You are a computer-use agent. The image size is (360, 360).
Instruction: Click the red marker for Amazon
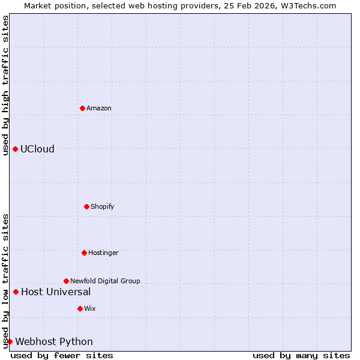tap(82, 108)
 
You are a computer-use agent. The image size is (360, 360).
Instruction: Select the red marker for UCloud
tap(15, 149)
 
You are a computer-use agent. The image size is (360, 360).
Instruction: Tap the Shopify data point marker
tap(86, 206)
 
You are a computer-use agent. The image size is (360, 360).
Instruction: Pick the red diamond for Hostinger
tap(84, 253)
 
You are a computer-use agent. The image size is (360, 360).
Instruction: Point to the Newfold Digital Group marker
tap(66, 281)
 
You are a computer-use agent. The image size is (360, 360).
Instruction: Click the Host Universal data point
tap(16, 292)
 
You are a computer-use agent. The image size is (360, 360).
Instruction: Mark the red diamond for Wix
tap(80, 308)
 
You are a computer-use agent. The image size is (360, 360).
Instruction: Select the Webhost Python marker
tap(10, 341)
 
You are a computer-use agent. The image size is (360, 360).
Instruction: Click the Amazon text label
tap(99, 109)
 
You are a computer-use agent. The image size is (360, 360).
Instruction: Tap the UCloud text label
tap(37, 149)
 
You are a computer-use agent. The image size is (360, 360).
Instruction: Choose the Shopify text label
tap(103, 207)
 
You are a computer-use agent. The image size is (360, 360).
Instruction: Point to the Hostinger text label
tap(103, 253)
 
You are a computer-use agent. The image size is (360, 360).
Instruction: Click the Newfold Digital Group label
tap(105, 281)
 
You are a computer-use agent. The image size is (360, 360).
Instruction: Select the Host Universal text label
tap(56, 292)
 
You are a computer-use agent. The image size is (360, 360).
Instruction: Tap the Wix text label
tap(90, 309)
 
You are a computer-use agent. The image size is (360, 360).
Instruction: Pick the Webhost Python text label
tap(54, 342)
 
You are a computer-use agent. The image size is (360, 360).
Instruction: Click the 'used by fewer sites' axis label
tap(62, 355)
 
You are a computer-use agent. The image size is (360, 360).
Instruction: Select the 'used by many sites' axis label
tap(301, 355)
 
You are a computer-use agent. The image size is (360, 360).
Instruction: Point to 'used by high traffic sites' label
tap(5, 85)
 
